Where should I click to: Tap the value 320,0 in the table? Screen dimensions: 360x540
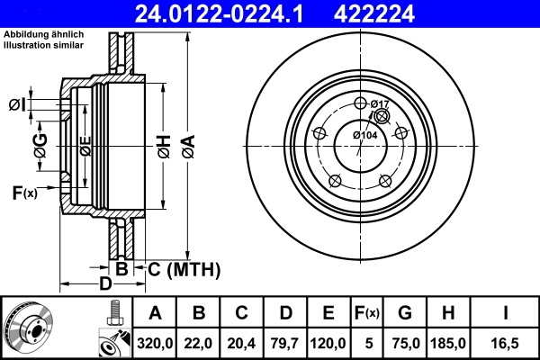click(x=156, y=343)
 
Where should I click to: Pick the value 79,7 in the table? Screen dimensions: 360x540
click(x=285, y=343)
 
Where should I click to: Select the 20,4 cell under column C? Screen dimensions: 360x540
click(x=242, y=343)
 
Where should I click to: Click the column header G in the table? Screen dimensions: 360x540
click(x=405, y=313)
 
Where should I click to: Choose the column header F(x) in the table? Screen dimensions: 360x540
click(x=367, y=313)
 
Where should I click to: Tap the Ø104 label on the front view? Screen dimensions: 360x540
click(x=364, y=135)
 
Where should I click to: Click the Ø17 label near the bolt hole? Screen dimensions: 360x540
click(x=380, y=104)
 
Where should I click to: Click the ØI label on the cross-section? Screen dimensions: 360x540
click(x=16, y=106)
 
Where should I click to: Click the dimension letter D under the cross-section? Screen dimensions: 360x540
click(x=104, y=284)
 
